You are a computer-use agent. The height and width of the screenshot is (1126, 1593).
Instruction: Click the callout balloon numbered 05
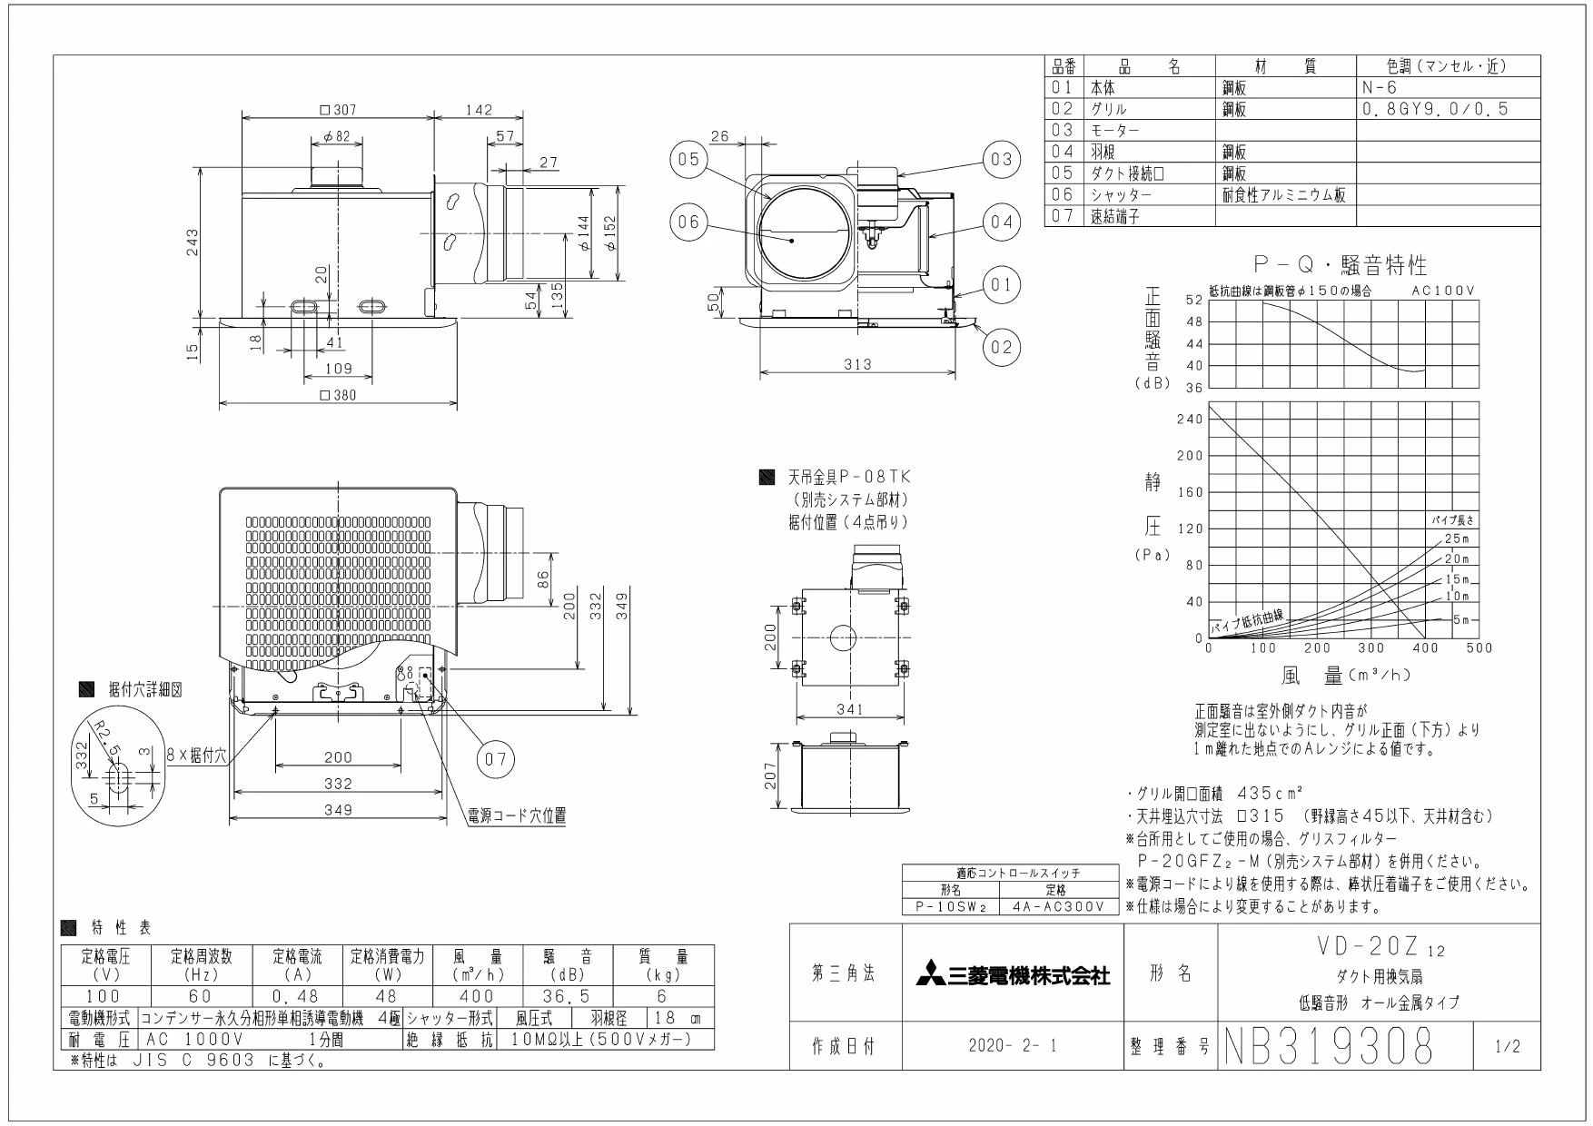click(687, 159)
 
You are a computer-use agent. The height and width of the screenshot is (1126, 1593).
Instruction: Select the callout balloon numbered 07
click(496, 759)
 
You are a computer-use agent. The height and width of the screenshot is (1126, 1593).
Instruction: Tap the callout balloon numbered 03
click(1000, 159)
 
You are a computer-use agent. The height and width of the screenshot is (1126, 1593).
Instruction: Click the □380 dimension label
click(338, 395)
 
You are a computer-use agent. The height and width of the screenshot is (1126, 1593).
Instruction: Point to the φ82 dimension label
click(337, 136)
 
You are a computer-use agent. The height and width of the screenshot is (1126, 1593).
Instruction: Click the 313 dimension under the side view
click(856, 364)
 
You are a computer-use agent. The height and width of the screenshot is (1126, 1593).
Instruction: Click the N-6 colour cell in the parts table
click(1379, 88)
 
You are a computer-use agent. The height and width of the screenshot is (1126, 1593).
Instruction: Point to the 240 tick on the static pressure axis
click(1189, 419)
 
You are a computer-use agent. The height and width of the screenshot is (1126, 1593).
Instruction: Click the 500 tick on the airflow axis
click(1479, 648)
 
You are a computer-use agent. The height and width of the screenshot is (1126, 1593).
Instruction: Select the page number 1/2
click(1506, 1047)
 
